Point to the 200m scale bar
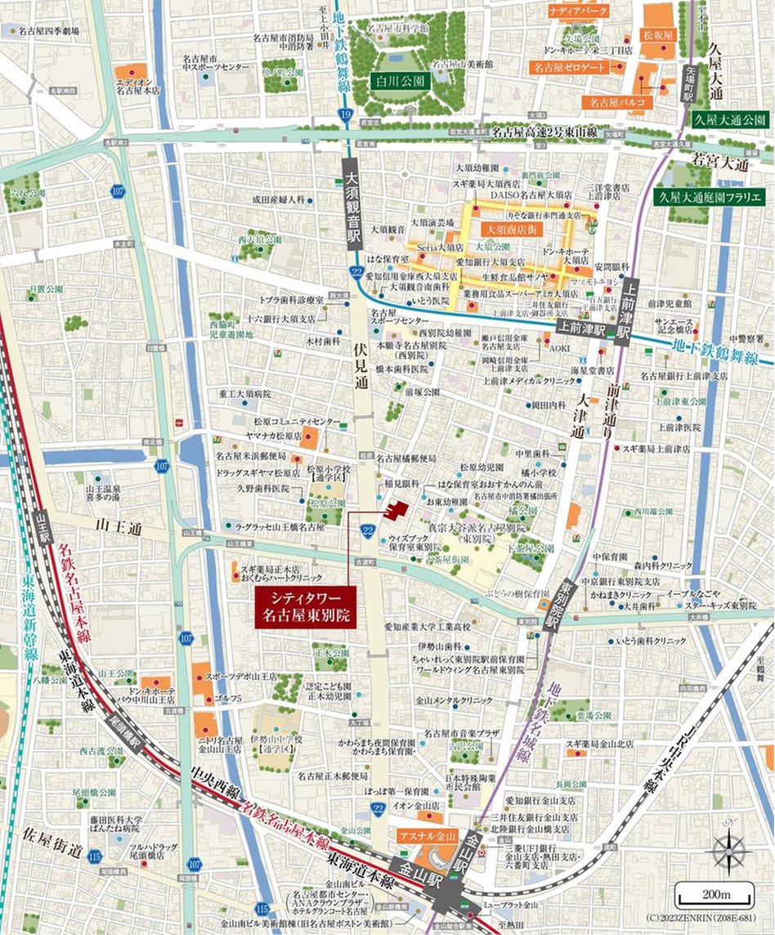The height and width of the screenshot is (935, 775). click(715, 890)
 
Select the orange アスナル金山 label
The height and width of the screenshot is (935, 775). click(424, 835)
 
